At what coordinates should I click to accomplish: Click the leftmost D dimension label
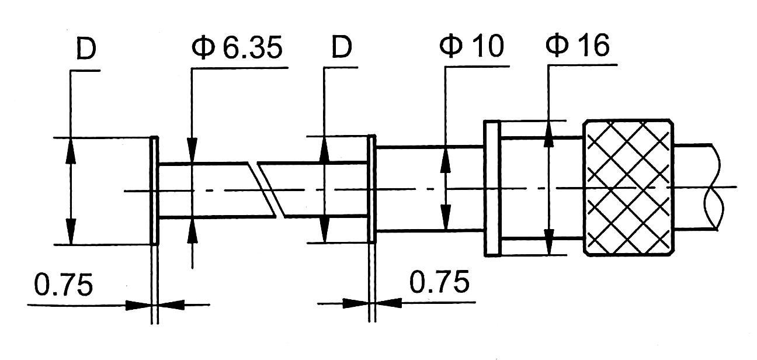86,49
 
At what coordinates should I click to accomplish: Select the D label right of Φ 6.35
342,47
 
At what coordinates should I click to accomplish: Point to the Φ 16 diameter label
578,44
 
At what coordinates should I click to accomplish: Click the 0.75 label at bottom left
64,285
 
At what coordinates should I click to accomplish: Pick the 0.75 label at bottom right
439,282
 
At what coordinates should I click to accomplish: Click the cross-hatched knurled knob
628,187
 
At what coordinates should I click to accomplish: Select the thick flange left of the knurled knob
492,188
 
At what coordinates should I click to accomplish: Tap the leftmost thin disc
154,191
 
